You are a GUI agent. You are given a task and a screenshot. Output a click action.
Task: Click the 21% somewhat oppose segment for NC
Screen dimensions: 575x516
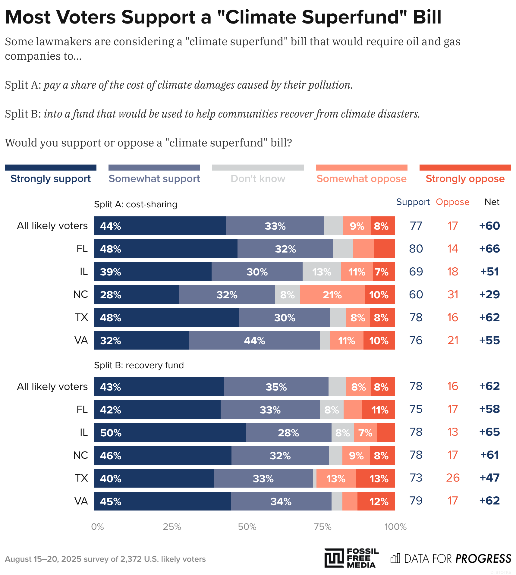point(332,294)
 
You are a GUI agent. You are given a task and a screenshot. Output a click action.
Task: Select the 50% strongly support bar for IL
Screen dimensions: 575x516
point(170,432)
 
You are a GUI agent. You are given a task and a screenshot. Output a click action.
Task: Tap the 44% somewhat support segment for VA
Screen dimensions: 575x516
point(254,340)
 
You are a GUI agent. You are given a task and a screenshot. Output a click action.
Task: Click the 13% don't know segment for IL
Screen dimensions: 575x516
point(322,272)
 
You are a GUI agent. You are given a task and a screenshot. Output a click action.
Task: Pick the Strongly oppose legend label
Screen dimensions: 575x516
point(465,178)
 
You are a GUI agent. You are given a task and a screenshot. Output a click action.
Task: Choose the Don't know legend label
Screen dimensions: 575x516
point(258,178)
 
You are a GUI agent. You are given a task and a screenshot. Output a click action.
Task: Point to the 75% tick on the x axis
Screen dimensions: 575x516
point(322,526)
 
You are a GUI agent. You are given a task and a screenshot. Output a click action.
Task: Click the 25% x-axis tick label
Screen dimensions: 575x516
point(172,526)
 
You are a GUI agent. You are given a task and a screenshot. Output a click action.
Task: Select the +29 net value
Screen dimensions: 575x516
point(489,294)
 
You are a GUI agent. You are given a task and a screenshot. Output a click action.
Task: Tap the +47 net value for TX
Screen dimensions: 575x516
point(489,478)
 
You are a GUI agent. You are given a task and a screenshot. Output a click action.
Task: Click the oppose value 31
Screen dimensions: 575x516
point(453,294)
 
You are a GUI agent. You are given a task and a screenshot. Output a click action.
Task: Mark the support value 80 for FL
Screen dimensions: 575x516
point(416,249)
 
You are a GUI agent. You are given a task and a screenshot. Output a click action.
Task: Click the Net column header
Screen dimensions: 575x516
point(492,202)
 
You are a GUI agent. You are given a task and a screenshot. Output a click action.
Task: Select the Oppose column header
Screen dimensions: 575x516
point(452,202)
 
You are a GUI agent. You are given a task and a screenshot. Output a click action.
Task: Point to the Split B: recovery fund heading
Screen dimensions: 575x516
point(139,365)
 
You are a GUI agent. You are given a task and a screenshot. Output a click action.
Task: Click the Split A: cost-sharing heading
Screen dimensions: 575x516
point(136,204)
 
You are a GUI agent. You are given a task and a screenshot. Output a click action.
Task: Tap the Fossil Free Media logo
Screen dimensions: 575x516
point(351,558)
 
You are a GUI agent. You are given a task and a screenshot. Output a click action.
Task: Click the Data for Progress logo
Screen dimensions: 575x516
point(451,558)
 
